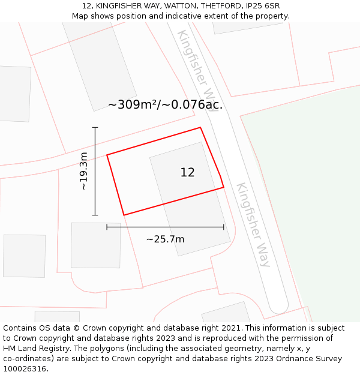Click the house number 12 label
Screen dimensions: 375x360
tap(187, 173)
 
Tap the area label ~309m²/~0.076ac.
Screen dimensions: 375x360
tap(165, 104)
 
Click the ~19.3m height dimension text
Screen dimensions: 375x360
tap(83, 172)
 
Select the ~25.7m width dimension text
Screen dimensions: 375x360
tap(165, 239)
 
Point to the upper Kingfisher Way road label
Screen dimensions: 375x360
tap(199, 65)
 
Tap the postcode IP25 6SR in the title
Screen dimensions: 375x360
tap(263, 6)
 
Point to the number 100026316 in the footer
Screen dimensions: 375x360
tap(25, 369)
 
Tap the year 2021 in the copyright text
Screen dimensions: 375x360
tap(231, 328)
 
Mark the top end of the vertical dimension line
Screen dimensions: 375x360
tap(95, 127)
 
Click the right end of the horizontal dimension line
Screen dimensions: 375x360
tap(224, 227)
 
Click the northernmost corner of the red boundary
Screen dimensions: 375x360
tap(200, 127)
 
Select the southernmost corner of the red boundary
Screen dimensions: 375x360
tap(124, 215)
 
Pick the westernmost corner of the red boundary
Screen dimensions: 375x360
tap(107, 155)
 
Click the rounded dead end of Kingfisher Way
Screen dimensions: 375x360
tap(278, 307)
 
